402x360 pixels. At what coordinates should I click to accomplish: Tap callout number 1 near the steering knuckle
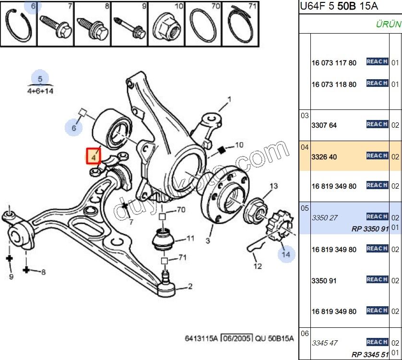(x=229, y=100)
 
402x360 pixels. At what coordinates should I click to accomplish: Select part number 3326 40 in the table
(x=324, y=156)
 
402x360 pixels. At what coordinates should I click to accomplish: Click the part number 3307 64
(x=324, y=125)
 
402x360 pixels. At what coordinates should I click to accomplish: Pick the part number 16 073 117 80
(x=334, y=63)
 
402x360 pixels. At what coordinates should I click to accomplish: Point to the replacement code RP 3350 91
(x=370, y=229)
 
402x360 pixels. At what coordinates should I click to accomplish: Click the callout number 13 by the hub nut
(x=273, y=186)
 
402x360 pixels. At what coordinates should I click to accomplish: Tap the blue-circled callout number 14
(x=286, y=254)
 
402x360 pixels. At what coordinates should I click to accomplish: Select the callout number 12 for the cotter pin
(x=258, y=266)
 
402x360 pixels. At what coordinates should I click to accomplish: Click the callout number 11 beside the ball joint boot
(x=190, y=238)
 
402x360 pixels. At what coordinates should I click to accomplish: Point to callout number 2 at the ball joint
(x=190, y=287)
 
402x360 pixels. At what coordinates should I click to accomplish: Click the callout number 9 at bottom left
(x=11, y=276)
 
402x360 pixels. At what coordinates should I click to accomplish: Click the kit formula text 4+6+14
(x=40, y=91)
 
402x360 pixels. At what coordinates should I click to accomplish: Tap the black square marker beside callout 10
(x=222, y=150)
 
